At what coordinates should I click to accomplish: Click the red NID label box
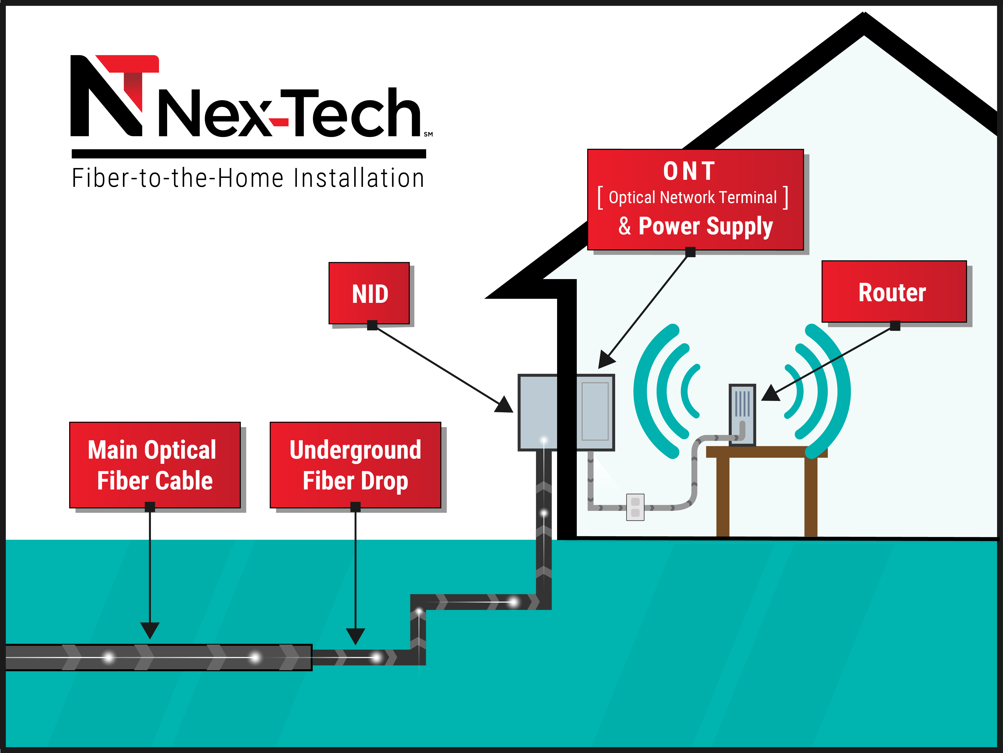point(369,293)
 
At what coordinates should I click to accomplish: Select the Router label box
point(893,292)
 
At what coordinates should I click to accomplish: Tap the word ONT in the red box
point(689,171)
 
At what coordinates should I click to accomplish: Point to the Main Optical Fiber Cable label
point(155,465)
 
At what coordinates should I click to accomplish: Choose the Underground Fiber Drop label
point(355,465)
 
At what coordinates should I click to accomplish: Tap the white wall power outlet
point(635,507)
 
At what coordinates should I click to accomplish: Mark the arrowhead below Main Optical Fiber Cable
point(150,630)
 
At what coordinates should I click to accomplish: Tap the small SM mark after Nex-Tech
point(428,134)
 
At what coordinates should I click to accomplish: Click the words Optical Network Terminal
point(692,197)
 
